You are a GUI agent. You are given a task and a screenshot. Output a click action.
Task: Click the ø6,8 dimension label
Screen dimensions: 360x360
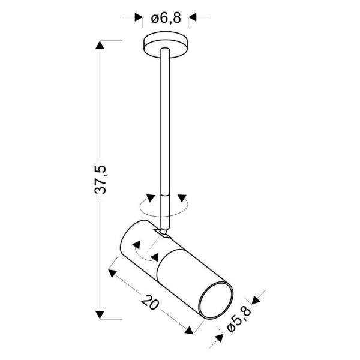[x=165, y=18]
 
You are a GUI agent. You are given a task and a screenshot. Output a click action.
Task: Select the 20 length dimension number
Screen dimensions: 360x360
[x=149, y=301]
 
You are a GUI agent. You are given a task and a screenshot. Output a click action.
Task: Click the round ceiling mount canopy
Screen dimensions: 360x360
[x=165, y=46]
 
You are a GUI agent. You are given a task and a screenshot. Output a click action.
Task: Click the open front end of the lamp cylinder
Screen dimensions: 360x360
[x=214, y=301]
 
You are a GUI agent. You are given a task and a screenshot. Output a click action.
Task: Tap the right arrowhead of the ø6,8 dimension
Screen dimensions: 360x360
[x=192, y=18]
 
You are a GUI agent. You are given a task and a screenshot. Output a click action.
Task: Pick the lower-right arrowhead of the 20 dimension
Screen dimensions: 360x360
[x=190, y=329]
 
